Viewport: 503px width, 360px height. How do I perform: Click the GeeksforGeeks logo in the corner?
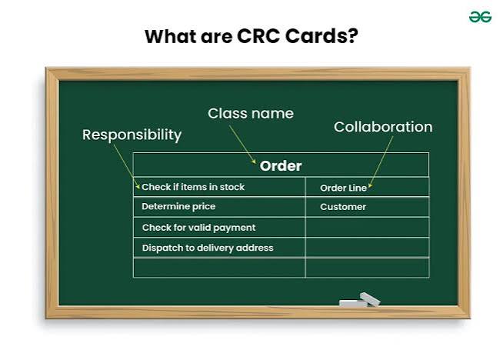[x=480, y=17]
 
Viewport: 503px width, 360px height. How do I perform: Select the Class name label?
[x=251, y=113]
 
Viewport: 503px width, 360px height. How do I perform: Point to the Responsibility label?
[x=132, y=135]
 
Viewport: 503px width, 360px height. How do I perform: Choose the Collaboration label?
[x=383, y=127]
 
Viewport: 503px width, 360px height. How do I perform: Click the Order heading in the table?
[x=281, y=166]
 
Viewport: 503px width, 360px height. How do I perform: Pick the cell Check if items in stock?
[x=219, y=187]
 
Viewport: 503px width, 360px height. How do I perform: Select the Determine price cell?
[x=219, y=207]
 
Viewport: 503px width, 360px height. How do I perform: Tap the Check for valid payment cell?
[x=219, y=228]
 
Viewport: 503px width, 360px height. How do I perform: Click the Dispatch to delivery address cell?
[x=219, y=248]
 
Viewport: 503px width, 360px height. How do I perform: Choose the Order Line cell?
[x=368, y=188]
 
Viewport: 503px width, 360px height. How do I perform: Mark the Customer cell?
[x=368, y=207]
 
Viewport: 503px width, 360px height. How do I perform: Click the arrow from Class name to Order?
[x=242, y=145]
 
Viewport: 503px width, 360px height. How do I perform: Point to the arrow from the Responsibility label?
[x=127, y=166]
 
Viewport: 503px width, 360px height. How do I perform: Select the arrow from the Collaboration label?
[x=381, y=162]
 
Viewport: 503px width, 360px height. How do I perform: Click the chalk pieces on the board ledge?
[x=360, y=300]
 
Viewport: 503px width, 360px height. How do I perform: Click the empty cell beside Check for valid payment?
[x=368, y=228]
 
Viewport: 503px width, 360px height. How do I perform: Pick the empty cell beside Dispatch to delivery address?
[x=368, y=248]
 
